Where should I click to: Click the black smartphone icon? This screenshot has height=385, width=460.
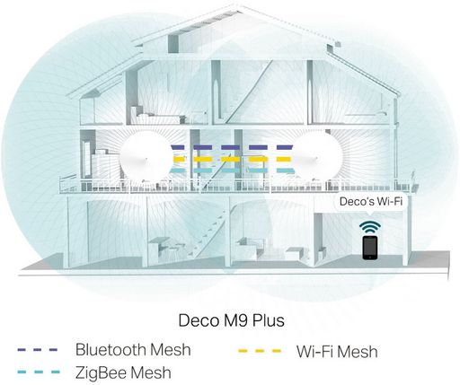370,248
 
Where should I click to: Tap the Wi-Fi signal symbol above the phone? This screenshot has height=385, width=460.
370,227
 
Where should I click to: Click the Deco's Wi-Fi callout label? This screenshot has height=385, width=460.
371,201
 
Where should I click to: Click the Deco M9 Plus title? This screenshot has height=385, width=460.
231,320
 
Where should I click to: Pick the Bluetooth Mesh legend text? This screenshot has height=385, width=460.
133,349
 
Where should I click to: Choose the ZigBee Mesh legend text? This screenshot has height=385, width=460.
123,372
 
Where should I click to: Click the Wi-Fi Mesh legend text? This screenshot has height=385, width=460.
337,352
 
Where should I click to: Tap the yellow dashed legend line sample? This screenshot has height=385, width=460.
260,351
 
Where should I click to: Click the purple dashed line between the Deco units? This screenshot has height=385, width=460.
232,147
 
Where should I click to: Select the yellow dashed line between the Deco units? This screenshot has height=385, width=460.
232,159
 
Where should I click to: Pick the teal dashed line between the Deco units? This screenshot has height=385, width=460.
232,171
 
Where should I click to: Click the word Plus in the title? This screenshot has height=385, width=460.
269,320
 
